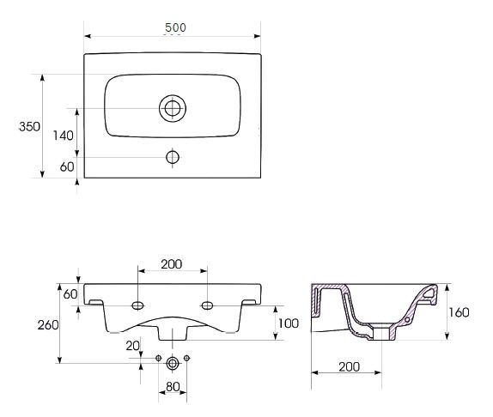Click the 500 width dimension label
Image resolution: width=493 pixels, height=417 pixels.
click(x=175, y=27)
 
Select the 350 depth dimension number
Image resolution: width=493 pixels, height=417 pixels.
click(x=29, y=126)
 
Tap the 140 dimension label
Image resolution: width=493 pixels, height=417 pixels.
click(x=63, y=136)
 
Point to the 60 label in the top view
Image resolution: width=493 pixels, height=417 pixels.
click(x=67, y=166)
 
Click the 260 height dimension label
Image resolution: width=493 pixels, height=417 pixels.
click(x=48, y=325)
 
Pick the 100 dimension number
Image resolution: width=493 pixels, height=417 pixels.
click(x=289, y=323)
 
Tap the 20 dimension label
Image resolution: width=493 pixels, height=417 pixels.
click(x=132, y=346)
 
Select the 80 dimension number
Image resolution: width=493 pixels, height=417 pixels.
click(x=173, y=387)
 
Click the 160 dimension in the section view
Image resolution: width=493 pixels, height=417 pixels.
click(x=459, y=312)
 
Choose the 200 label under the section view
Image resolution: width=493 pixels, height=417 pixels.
click(x=349, y=366)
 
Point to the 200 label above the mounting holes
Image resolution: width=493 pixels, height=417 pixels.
click(x=172, y=264)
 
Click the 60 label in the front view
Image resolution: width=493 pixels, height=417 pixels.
click(x=70, y=294)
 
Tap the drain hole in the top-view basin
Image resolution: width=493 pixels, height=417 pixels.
click(x=173, y=108)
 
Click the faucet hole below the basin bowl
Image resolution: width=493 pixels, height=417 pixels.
click(x=173, y=157)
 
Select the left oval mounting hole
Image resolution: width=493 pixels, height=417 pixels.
click(x=137, y=305)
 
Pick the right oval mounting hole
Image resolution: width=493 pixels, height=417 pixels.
click(x=207, y=305)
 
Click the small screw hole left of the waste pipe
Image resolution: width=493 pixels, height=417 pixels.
click(x=158, y=358)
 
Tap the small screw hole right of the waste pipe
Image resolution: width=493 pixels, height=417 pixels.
click(x=186, y=358)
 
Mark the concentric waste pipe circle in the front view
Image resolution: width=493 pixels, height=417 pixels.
click(x=173, y=364)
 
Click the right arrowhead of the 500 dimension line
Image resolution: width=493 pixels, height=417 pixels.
click(x=257, y=36)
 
